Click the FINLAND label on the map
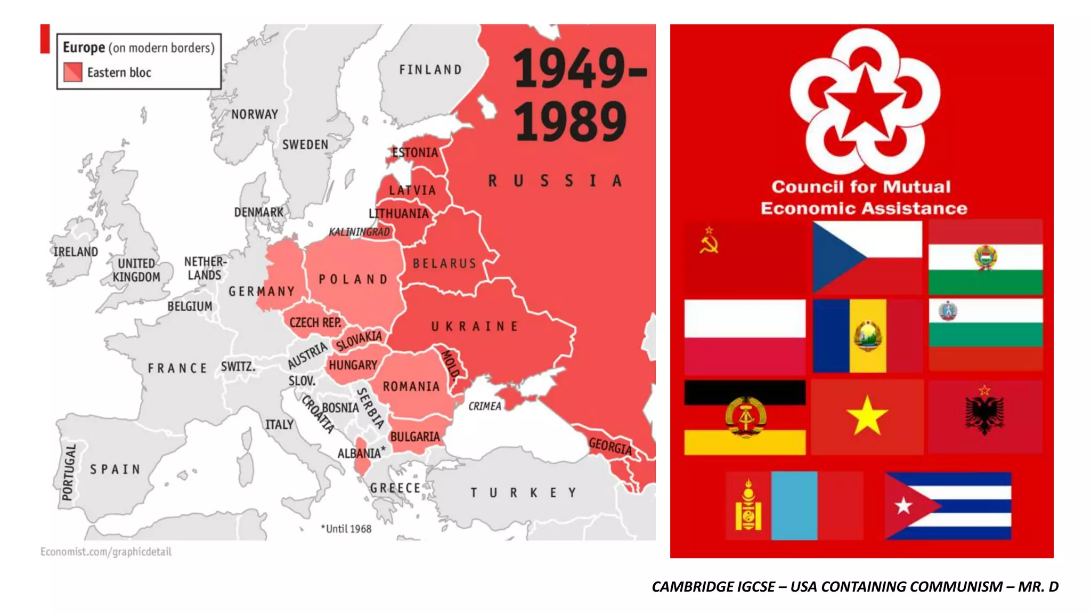(430, 70)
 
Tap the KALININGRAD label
(360, 232)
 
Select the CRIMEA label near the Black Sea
(485, 406)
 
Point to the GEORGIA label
(610, 446)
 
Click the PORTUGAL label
(69, 472)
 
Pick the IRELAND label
(76, 252)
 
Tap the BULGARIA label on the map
(415, 437)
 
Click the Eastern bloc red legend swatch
(73, 72)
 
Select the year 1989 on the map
(571, 122)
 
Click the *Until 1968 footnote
(346, 529)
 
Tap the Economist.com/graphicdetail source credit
(106, 552)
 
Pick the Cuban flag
(948, 506)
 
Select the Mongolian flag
(794, 506)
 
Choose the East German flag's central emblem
(745, 416)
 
